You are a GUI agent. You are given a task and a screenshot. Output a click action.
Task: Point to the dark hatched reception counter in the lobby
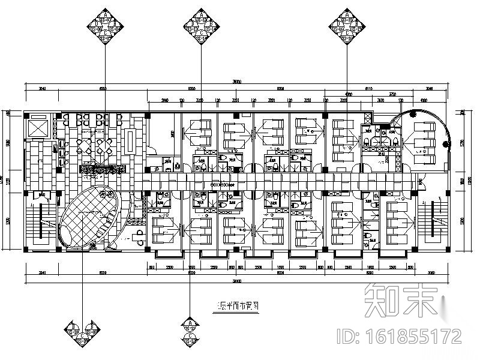coord(102,170)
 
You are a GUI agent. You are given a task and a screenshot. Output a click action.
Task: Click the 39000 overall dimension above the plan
coord(239,82)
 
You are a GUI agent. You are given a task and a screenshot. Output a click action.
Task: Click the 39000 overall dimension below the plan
coord(239,280)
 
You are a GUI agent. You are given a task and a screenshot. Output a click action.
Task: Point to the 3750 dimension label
coord(392,95)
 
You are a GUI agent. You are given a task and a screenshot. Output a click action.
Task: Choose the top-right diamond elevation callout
coord(347,26)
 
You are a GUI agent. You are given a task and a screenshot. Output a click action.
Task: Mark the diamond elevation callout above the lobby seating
coord(106,26)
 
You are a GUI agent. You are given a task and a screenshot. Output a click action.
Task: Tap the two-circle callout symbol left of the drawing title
coord(190,327)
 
